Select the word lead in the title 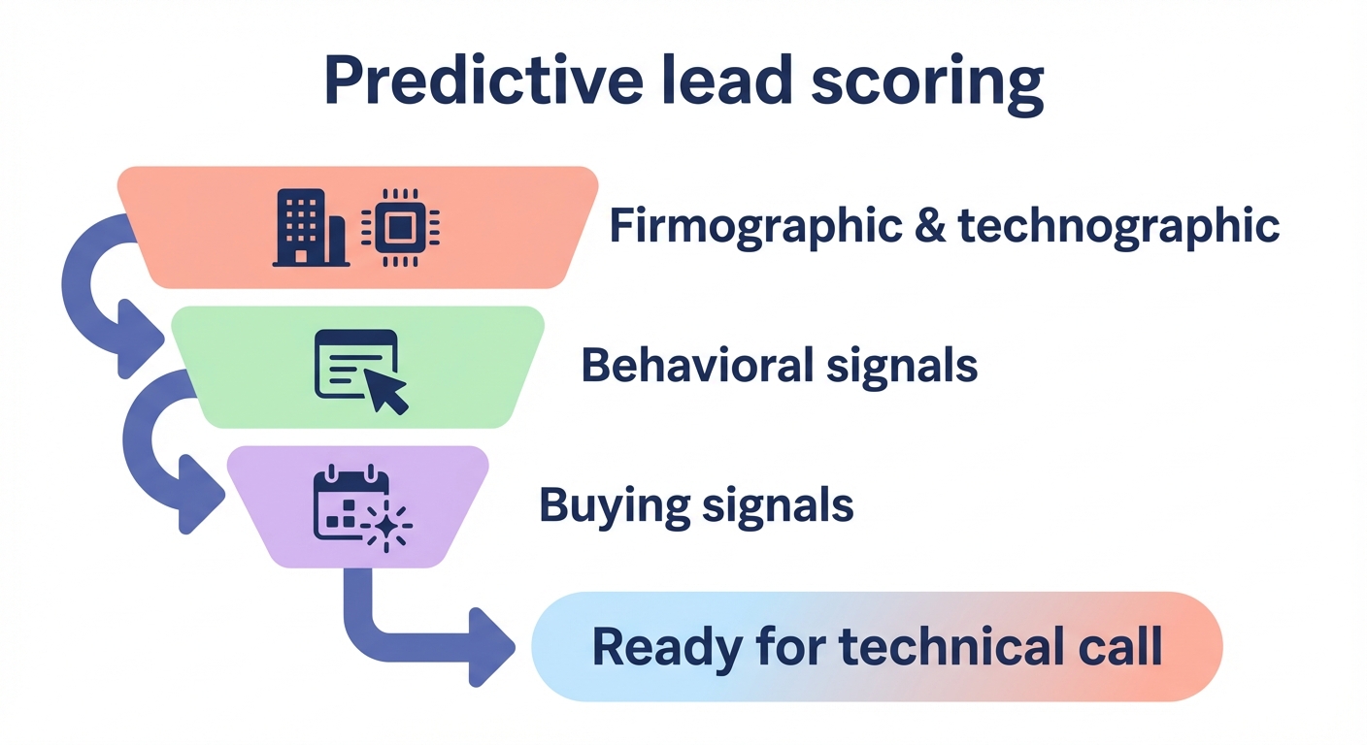(736, 81)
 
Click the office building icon (310, 227)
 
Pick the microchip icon (400, 227)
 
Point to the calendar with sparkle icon (360, 508)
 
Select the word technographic (1119, 227)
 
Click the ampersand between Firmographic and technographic (927, 227)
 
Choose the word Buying (615, 505)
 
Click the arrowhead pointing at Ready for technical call (493, 647)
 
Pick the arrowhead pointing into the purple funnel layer (202, 497)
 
